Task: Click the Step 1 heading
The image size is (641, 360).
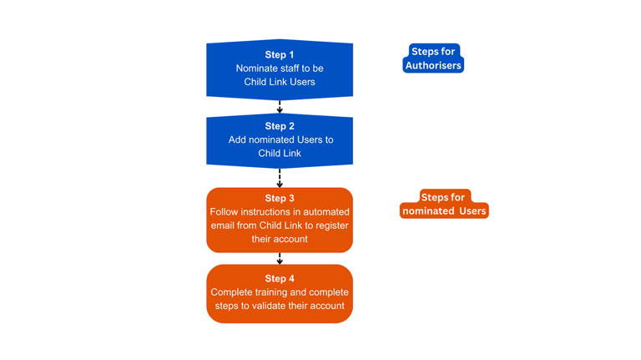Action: click(x=280, y=54)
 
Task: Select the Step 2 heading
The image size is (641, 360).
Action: click(x=280, y=126)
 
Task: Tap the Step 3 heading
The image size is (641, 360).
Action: click(x=280, y=198)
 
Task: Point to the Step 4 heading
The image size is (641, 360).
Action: click(x=280, y=278)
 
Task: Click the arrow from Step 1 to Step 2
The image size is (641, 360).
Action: click(x=280, y=106)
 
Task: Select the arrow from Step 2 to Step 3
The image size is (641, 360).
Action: click(x=280, y=178)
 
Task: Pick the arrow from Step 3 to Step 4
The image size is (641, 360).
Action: click(x=280, y=258)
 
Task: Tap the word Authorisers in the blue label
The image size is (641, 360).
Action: click(x=433, y=65)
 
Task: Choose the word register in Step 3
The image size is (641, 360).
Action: click(x=329, y=226)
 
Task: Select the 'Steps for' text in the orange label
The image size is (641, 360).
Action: click(x=442, y=197)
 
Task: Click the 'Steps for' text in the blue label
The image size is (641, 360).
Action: click(x=433, y=52)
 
